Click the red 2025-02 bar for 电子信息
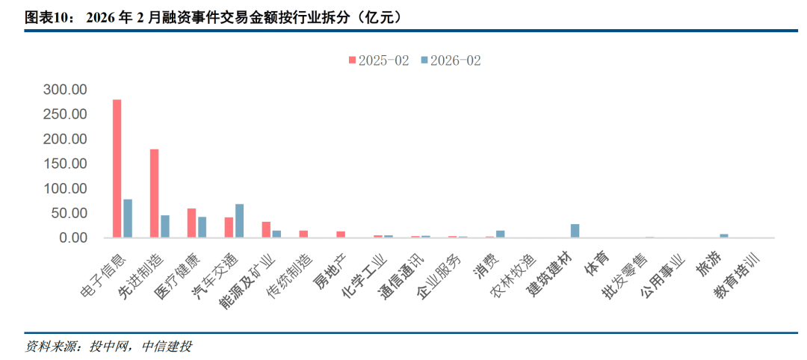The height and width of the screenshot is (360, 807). coord(117,169)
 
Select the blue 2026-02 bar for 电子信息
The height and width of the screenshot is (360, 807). coord(128,219)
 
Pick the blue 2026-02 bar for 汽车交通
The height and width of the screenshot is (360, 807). coord(239,221)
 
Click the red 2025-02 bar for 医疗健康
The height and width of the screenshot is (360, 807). coord(191,223)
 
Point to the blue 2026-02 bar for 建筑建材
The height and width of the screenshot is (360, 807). coord(575,231)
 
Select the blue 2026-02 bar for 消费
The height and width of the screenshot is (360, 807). coord(500,234)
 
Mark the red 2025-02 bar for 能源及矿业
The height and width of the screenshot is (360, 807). coord(266,230)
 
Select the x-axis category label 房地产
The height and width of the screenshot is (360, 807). coord(329,273)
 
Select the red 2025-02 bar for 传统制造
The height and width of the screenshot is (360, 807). coord(303,234)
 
